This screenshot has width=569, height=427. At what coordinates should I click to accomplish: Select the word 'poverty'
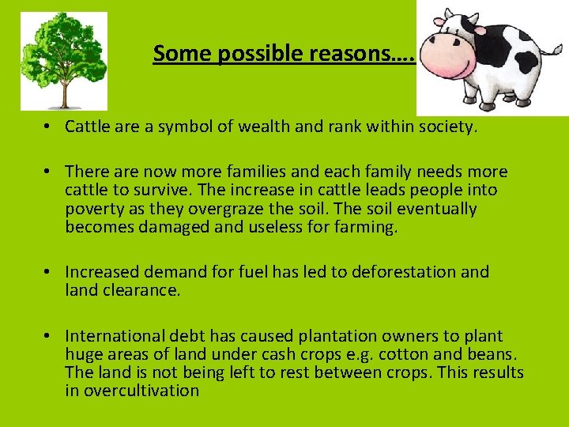coord(94,209)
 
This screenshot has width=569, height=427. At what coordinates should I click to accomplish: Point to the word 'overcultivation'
coord(143,391)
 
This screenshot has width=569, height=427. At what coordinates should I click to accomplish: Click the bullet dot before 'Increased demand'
coord(48,272)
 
